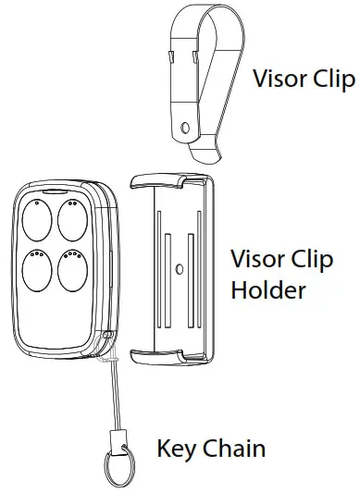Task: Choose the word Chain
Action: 231,450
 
